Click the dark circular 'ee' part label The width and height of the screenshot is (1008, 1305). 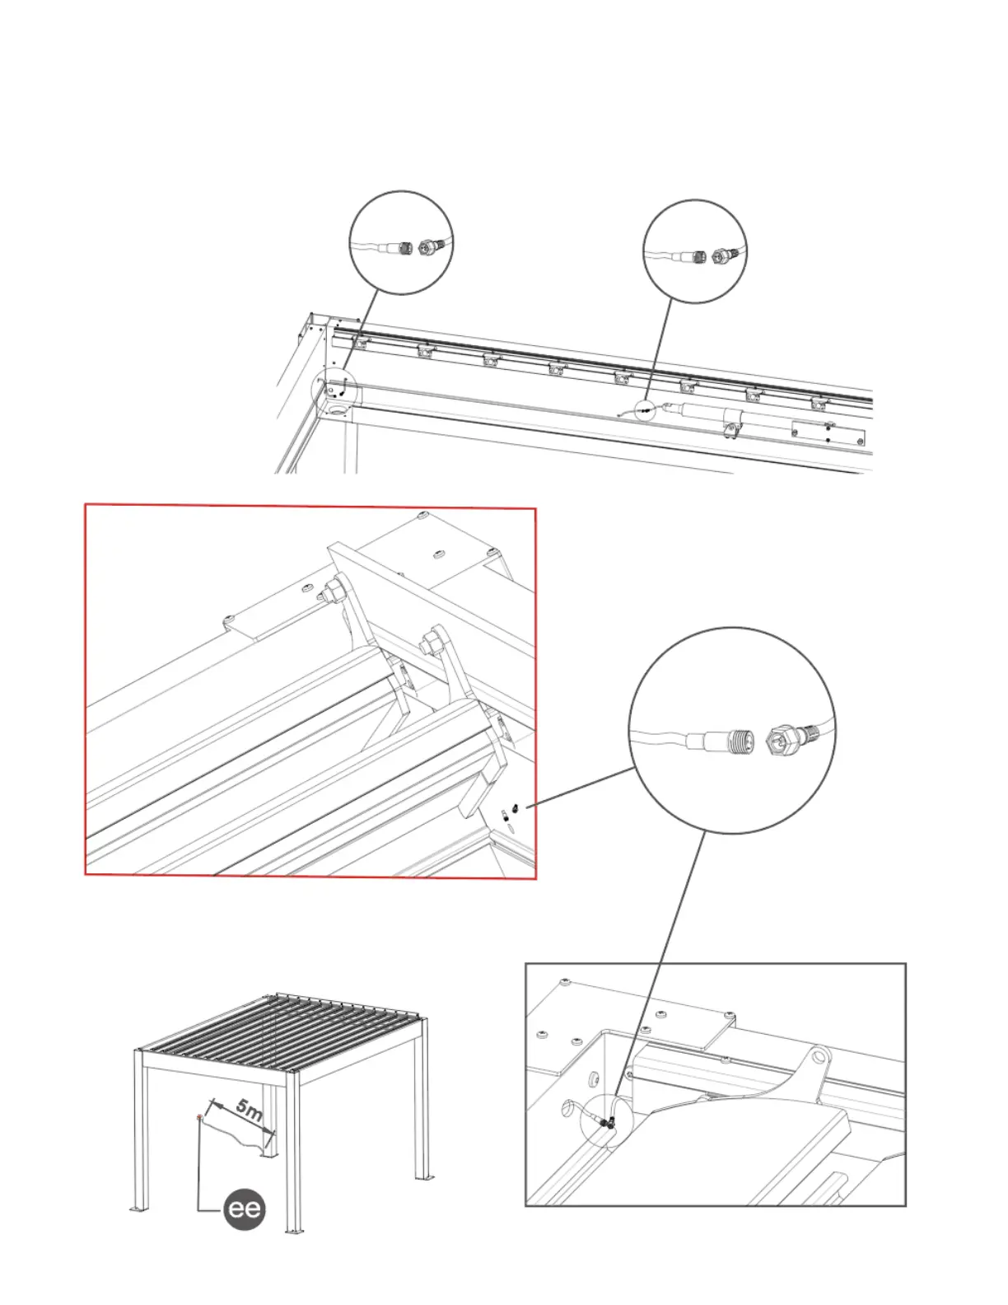pos(245,1209)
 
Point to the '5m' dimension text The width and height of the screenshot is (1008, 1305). pos(249,1109)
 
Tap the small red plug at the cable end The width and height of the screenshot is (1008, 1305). pos(199,1117)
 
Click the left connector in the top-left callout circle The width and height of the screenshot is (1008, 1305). pos(405,246)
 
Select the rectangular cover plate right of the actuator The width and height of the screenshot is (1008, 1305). pos(828,433)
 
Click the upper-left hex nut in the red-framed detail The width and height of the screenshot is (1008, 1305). pos(334,590)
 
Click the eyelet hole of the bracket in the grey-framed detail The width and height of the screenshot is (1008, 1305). pos(817,1055)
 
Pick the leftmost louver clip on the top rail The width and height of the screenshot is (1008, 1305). pos(360,342)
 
